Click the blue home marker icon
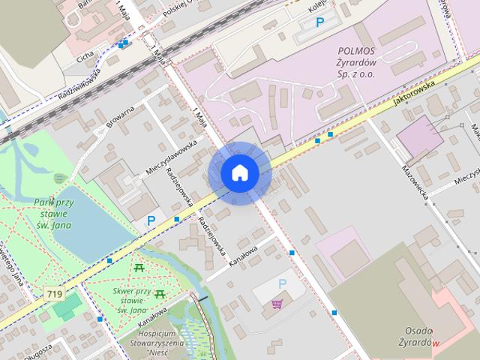(x=240, y=173)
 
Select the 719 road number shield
(x=53, y=295)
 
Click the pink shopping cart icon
(x=277, y=304)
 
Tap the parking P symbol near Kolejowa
(x=320, y=22)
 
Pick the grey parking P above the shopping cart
(x=282, y=283)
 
